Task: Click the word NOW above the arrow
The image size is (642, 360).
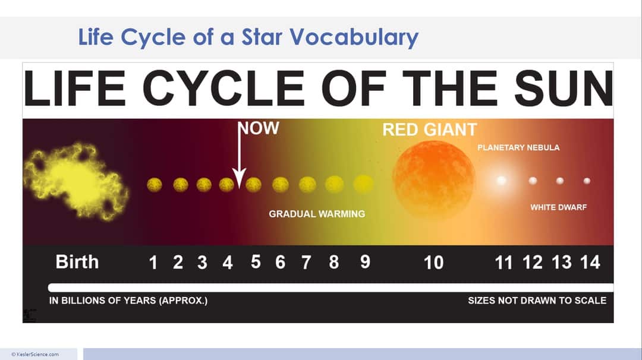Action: pos(259,129)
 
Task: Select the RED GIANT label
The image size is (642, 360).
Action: pos(429,130)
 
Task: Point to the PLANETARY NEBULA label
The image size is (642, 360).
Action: pos(518,147)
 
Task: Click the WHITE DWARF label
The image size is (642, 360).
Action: pos(558,207)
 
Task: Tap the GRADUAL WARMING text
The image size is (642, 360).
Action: pos(317,214)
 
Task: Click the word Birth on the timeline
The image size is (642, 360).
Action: pos(77,262)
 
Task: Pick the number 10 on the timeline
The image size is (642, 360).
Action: pos(433,263)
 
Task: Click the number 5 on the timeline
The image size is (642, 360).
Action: pos(256,262)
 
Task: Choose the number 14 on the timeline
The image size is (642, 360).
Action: pos(590,262)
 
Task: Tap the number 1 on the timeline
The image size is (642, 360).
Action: pos(153,263)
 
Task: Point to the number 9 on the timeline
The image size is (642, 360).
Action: pos(365,262)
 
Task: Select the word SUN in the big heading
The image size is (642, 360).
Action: pos(563,87)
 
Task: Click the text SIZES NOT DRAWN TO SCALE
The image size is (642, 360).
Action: pos(537,301)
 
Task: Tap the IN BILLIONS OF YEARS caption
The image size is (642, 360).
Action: pos(128,301)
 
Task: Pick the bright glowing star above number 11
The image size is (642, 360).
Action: pos(502,180)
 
